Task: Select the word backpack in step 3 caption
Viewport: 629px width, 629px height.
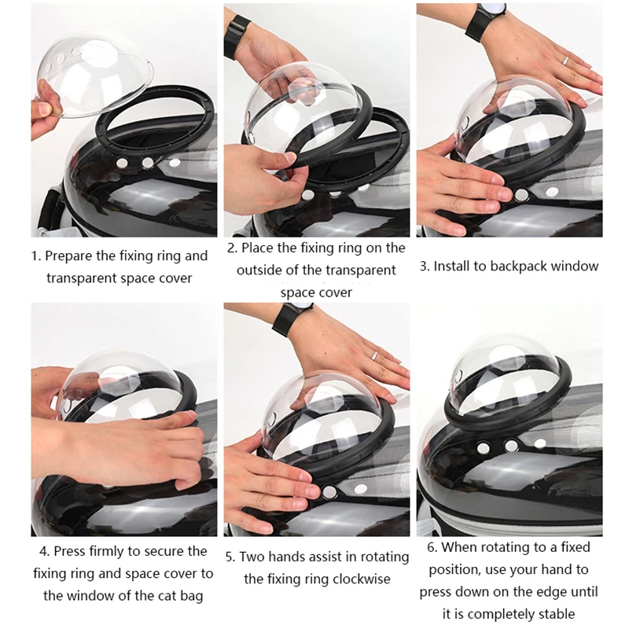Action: (x=518, y=266)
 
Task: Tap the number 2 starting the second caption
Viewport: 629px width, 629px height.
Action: (x=231, y=248)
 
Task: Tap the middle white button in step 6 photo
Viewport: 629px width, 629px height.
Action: (x=511, y=445)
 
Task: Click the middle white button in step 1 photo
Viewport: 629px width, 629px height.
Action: (x=147, y=164)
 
